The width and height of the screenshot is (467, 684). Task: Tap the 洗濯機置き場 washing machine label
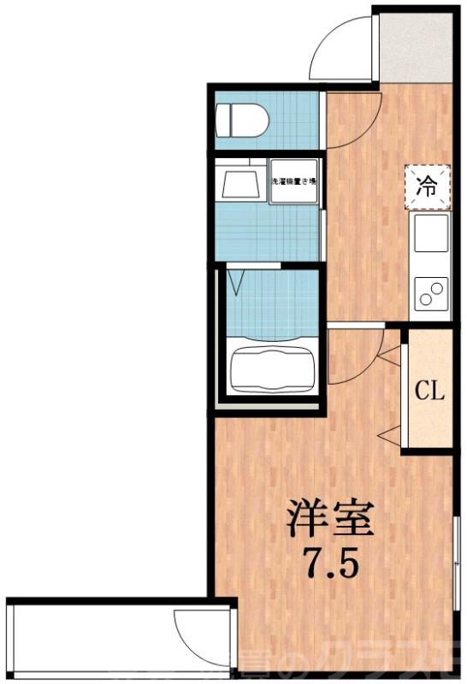tap(294, 181)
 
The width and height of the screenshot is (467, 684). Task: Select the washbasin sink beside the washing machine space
tap(240, 183)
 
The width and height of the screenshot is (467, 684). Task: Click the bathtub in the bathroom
tap(273, 369)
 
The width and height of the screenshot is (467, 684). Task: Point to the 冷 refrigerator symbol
tap(426, 186)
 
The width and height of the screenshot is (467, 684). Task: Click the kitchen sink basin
tap(430, 236)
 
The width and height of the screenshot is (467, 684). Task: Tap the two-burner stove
tap(430, 294)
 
